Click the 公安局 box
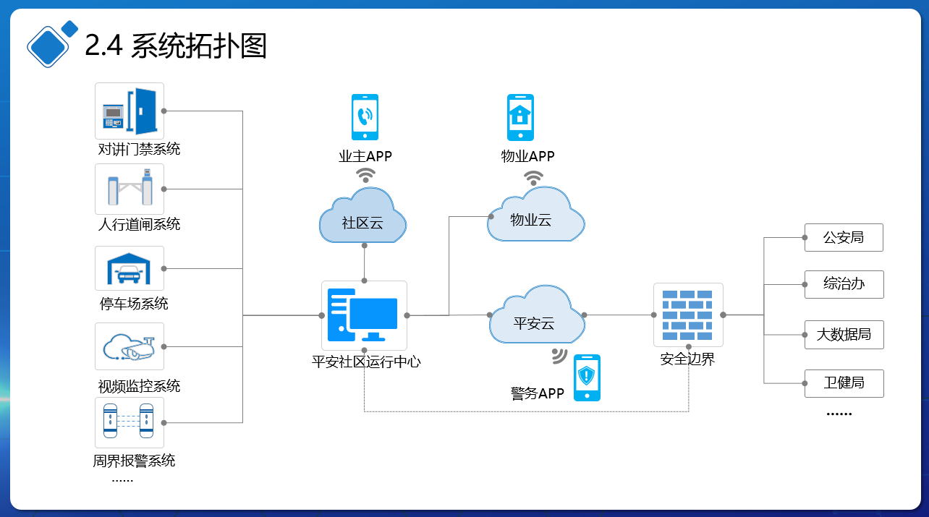point(844,238)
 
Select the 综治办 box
point(844,284)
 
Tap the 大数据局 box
point(844,335)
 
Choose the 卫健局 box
point(844,383)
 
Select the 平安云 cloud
point(537,315)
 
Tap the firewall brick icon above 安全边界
point(687,315)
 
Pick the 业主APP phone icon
point(365,117)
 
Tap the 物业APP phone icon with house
point(520,117)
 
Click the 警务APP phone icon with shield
point(587,377)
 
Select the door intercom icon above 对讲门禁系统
point(130,111)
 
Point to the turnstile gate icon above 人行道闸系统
point(130,189)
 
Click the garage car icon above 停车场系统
point(130,268)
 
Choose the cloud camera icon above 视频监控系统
point(130,346)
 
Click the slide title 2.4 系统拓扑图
point(175,45)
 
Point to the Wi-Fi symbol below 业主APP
point(365,175)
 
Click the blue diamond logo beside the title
point(51,43)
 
